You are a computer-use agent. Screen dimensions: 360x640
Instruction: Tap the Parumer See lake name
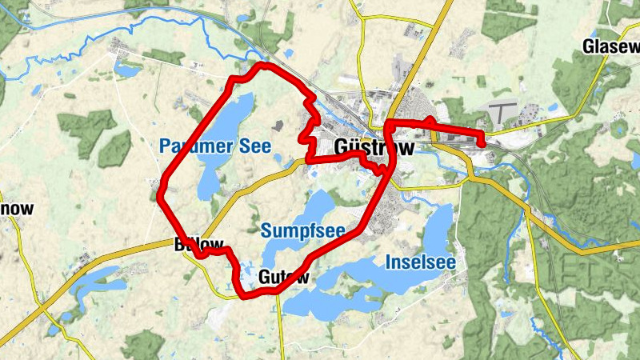coord(214,146)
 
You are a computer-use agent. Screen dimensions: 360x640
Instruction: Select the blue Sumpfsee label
coord(302,232)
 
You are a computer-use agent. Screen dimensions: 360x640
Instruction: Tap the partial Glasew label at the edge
coord(611,46)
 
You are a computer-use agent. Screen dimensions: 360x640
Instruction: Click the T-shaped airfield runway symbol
coord(502,109)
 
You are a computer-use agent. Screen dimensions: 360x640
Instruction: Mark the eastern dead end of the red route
coord(482,144)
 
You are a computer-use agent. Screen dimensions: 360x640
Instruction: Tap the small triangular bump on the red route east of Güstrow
coord(430,121)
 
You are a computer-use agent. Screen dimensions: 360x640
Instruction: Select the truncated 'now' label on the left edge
coord(16,210)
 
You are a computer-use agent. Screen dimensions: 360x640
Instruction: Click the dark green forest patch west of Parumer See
coord(88,128)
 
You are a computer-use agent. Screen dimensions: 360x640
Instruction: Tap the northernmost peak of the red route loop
coord(260,66)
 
